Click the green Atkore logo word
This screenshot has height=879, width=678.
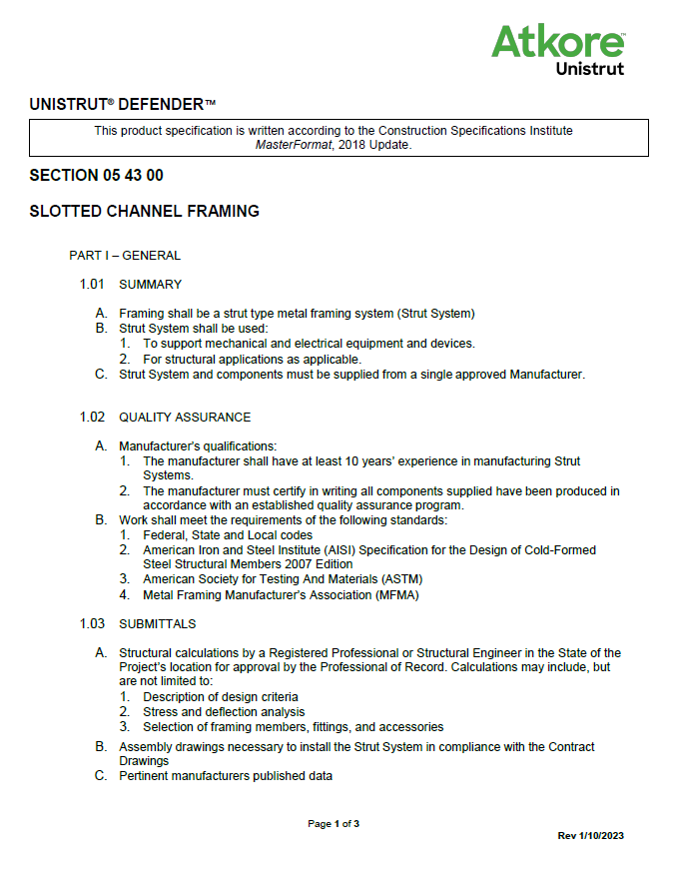tap(557, 42)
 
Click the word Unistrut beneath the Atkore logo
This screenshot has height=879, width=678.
tap(589, 69)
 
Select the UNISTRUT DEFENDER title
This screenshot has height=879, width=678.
tap(122, 104)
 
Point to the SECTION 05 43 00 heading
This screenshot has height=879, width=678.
tap(96, 176)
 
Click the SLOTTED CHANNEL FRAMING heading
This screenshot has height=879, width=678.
tap(144, 212)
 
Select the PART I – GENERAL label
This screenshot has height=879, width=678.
tap(125, 256)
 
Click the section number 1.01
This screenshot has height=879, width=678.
tap(92, 285)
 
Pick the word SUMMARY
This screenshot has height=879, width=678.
tap(150, 285)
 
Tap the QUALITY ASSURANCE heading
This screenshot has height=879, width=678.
tap(185, 418)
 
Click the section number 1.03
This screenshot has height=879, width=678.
tap(92, 624)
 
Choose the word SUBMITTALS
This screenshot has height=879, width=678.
tap(157, 624)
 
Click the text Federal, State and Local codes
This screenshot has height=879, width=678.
tap(228, 535)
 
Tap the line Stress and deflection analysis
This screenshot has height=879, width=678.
tap(224, 712)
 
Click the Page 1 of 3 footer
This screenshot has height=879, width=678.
tap(334, 824)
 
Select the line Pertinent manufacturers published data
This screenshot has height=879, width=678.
tap(226, 776)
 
